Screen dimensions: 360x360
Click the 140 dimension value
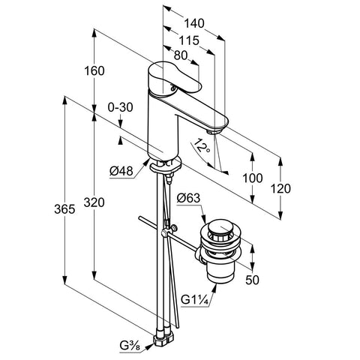pos(194,23)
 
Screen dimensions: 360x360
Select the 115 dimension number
pos(189,40)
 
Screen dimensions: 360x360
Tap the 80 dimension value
pos(181,55)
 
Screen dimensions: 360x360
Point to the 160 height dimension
pos(94,71)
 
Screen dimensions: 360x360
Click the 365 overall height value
pos(64,209)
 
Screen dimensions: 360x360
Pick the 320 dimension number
pos(94,202)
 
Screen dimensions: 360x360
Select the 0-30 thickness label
pos(120,107)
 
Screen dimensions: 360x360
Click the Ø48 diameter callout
pos(121,171)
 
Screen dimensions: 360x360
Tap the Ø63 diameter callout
pos(188,198)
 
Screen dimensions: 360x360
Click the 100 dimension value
pos(253,178)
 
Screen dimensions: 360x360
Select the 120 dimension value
pos(280,189)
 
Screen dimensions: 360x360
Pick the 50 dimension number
pos(252,280)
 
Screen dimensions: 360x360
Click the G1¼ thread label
pos(194,299)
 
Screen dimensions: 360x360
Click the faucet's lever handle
pos(175,78)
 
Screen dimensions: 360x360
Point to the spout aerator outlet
pos(214,131)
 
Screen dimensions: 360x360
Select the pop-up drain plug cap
pos(219,227)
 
